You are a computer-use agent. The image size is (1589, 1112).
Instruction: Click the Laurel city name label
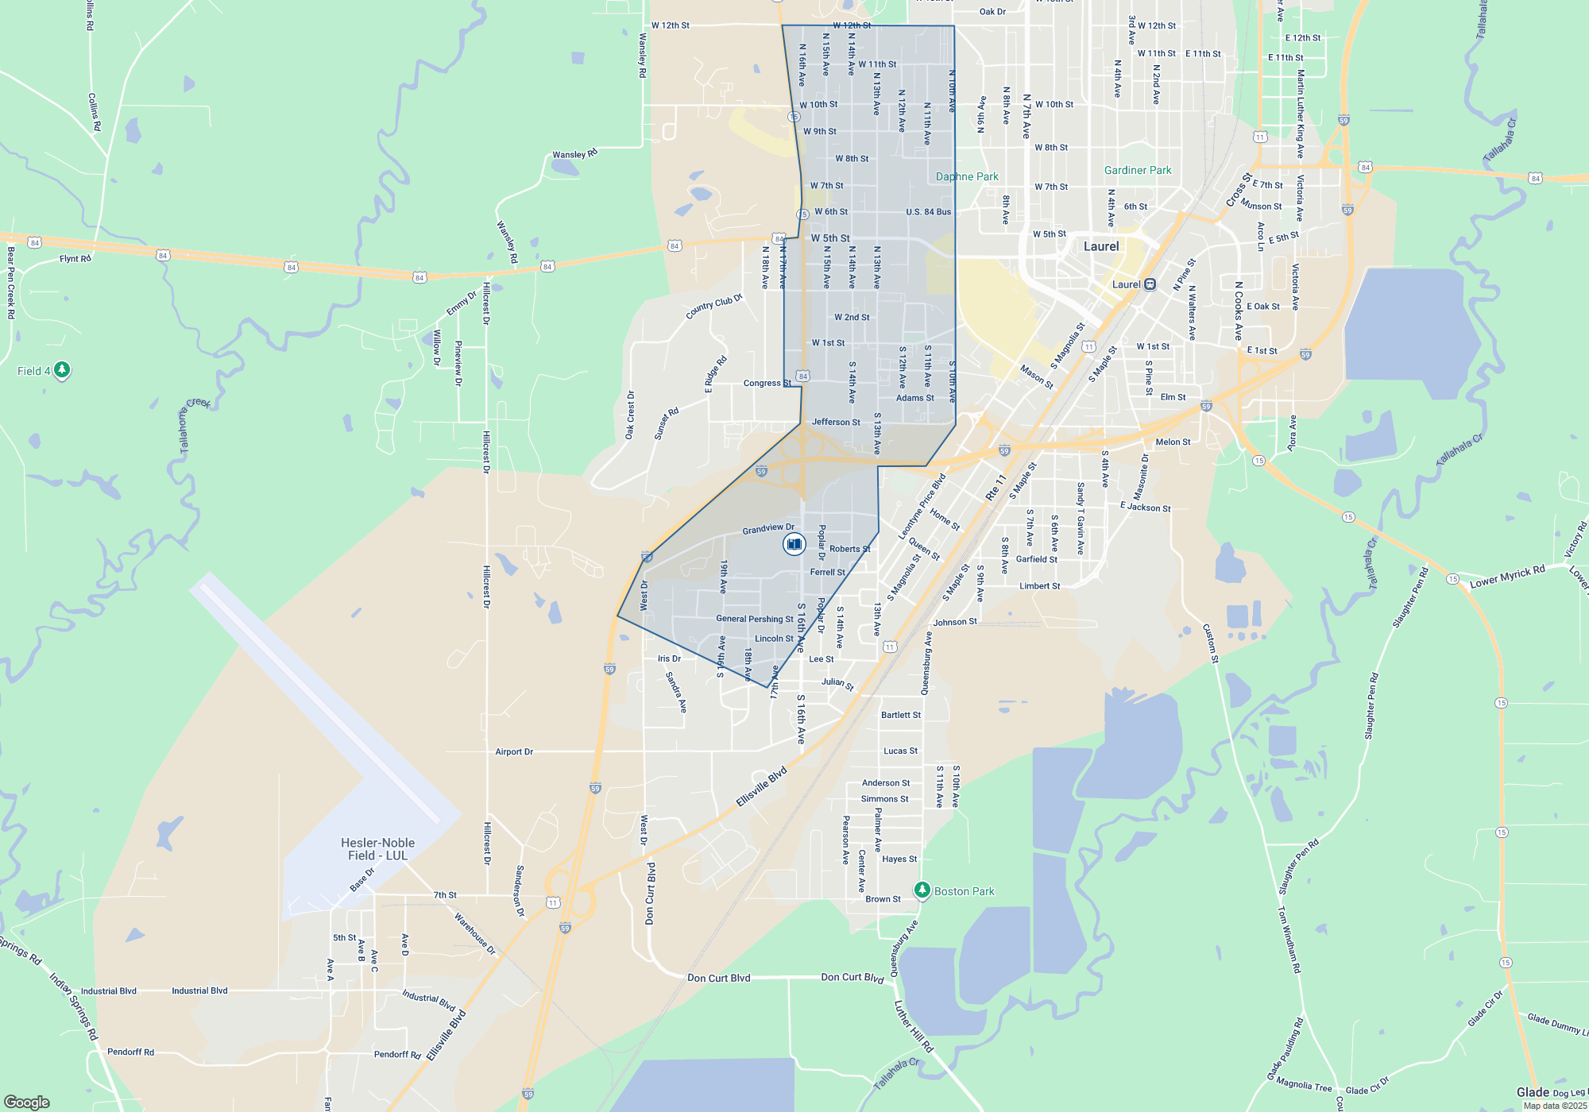[x=1101, y=246]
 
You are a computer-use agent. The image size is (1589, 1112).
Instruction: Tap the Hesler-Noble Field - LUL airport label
[x=377, y=849]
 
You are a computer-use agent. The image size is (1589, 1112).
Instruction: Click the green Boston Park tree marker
[x=922, y=890]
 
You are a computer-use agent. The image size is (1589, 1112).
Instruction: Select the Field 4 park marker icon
[x=62, y=370]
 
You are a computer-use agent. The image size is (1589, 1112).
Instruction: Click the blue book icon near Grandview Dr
[x=794, y=544]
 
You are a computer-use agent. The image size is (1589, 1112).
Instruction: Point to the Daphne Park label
[x=967, y=176]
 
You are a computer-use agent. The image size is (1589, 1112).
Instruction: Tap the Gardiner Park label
[x=1138, y=170]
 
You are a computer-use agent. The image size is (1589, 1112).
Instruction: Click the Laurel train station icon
[x=1150, y=284]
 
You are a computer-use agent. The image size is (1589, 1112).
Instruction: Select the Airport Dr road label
[x=514, y=751]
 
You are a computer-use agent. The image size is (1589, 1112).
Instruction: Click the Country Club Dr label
[x=713, y=307]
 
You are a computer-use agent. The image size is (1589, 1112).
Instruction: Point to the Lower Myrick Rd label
[x=1507, y=577]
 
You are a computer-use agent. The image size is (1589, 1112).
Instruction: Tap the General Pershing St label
[x=755, y=619]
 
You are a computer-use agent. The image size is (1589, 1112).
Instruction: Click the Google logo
[x=27, y=1102]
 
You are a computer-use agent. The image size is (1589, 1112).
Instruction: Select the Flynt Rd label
[x=75, y=259]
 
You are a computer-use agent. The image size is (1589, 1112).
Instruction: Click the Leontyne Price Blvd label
[x=922, y=508]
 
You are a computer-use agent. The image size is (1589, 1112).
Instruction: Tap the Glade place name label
[x=1533, y=1092]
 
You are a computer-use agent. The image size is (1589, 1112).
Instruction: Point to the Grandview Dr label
[x=768, y=528]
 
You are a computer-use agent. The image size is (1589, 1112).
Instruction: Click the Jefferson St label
[x=836, y=422]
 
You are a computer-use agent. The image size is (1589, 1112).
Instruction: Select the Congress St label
[x=767, y=383]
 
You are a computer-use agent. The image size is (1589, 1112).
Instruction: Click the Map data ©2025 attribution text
[x=1555, y=1106]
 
